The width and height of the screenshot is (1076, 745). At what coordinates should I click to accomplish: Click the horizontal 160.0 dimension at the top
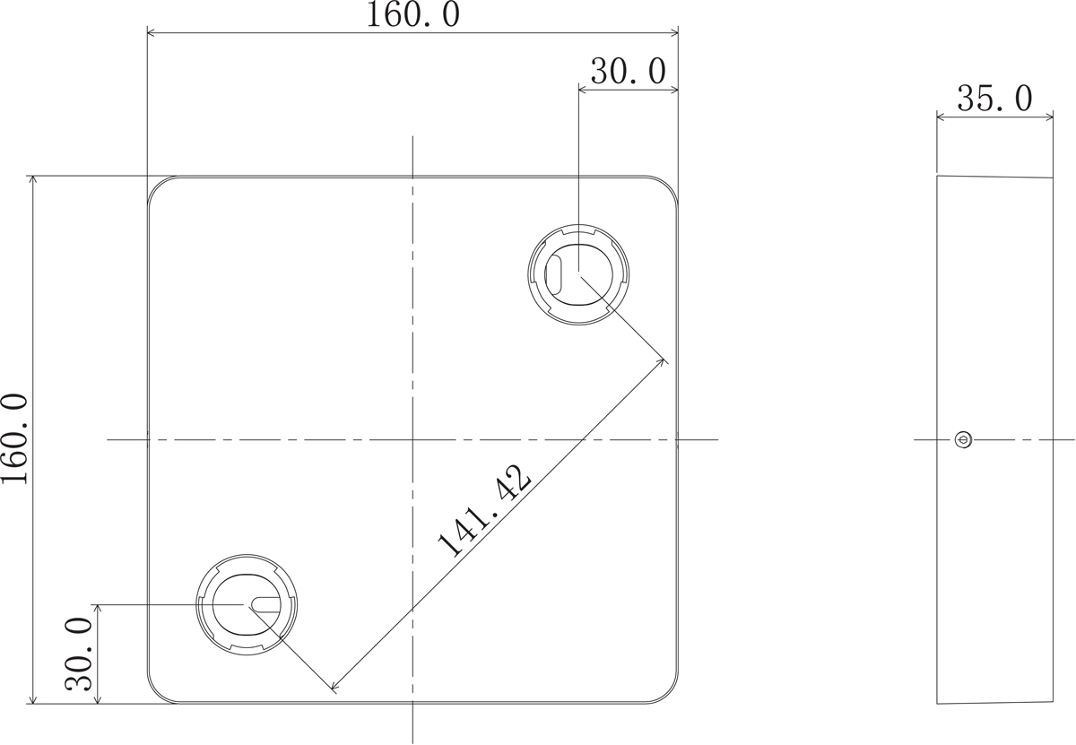pos(412,15)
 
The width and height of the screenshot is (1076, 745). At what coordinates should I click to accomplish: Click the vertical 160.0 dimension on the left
pos(14,438)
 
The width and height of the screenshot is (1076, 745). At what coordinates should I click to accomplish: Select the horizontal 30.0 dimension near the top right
pos(627,72)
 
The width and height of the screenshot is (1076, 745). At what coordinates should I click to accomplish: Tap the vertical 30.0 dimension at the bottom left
pos(80,654)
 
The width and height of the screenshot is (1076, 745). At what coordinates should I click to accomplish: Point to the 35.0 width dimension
pos(994,99)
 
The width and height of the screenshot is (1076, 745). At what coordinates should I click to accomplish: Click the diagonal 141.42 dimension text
pos(484,512)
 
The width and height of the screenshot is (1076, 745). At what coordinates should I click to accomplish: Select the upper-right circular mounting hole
pos(578,274)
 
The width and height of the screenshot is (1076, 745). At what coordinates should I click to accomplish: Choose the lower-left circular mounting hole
pos(247,604)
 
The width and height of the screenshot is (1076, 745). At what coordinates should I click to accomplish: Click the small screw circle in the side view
pos(963,439)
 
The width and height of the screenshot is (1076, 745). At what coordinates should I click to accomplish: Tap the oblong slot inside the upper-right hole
pos(554,273)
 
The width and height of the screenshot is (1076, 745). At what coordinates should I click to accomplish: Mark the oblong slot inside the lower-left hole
pos(266,605)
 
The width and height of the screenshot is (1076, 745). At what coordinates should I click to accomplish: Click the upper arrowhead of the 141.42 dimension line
pos(663,360)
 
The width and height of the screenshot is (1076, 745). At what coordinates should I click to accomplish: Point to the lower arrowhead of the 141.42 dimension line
pos(334,690)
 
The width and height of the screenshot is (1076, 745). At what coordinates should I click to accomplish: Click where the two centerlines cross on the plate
pos(412,439)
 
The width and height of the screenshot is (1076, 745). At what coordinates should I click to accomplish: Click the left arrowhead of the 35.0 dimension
pos(940,116)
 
